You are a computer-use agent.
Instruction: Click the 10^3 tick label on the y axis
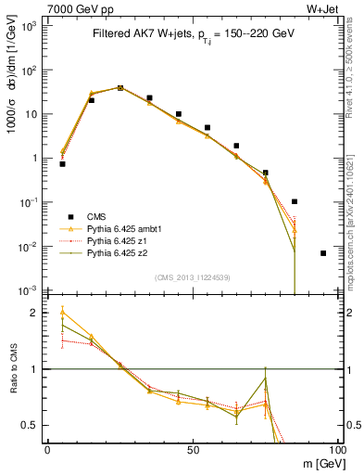click(x=31, y=26)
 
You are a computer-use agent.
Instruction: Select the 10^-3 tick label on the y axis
click(x=31, y=290)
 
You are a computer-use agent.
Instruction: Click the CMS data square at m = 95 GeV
click(x=323, y=253)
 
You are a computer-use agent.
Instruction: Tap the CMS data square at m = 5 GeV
click(x=62, y=163)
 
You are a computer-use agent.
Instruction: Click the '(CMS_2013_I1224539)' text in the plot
click(x=193, y=276)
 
